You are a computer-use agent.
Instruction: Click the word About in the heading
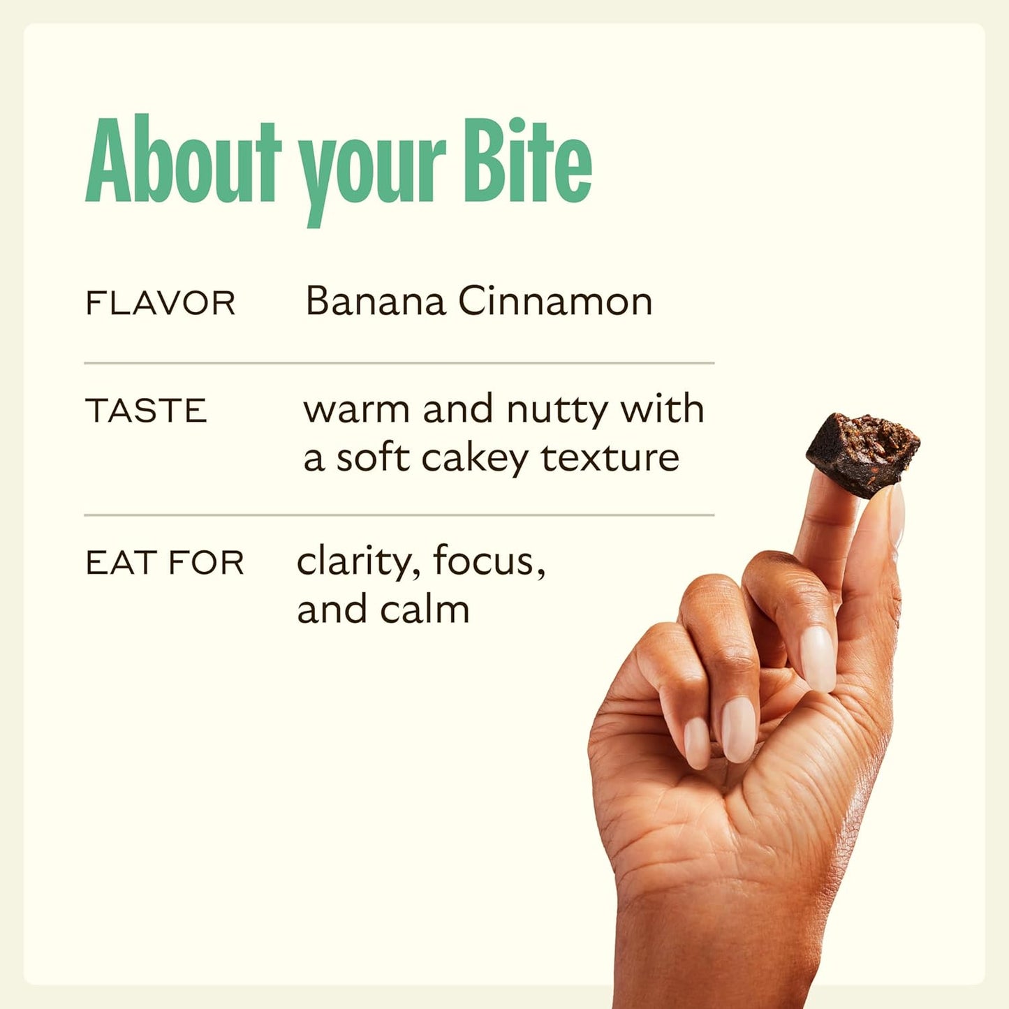tap(183, 161)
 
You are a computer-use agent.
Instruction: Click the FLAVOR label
tap(160, 304)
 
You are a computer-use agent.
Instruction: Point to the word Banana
tap(376, 302)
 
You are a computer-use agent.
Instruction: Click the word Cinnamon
tap(555, 302)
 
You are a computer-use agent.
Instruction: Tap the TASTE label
tap(146, 411)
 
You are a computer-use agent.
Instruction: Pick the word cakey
tap(475, 459)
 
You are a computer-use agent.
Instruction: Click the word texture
tap(610, 458)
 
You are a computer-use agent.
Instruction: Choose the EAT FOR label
tap(165, 563)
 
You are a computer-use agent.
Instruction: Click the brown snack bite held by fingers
tap(863, 454)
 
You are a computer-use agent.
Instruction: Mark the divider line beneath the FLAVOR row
tap(399, 363)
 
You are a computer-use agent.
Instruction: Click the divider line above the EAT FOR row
tap(399, 515)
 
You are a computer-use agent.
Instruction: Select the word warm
tap(356, 410)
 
